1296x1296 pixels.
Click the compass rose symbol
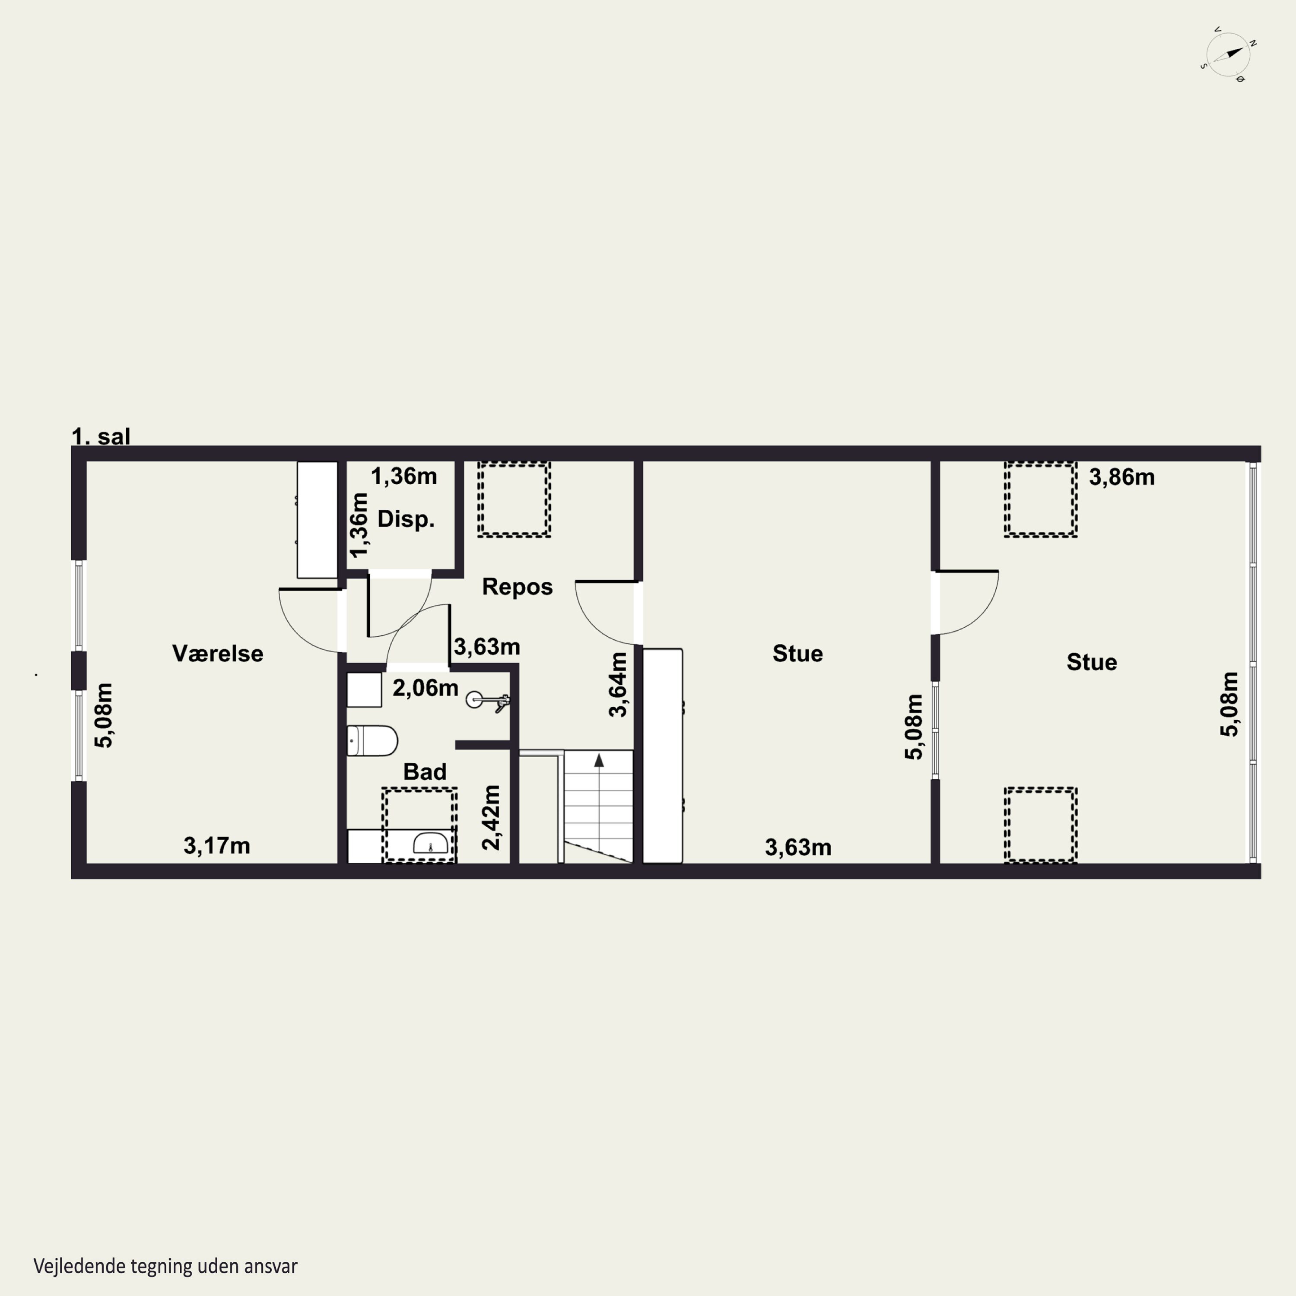[x=1228, y=55]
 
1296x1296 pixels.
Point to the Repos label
[x=517, y=587]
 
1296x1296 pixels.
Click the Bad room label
[x=425, y=772]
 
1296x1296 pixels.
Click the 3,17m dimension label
[x=217, y=846]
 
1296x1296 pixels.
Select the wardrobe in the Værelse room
[x=317, y=519]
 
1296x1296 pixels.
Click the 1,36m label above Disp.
[x=404, y=476]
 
